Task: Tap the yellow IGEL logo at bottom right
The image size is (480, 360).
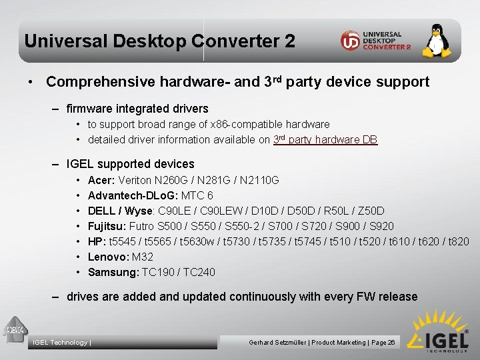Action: (x=438, y=331)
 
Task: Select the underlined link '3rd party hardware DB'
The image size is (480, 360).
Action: (x=325, y=139)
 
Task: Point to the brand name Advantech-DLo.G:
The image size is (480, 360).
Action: (x=131, y=195)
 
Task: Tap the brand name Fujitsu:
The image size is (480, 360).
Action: (x=107, y=226)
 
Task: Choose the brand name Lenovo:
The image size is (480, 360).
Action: (x=108, y=257)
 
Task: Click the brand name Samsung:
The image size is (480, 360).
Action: (x=113, y=272)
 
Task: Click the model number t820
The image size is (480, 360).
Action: (x=459, y=241)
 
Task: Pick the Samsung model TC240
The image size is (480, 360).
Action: (x=200, y=272)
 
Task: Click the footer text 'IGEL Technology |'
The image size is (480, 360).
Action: (x=62, y=343)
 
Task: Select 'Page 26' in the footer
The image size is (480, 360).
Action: (x=383, y=343)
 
